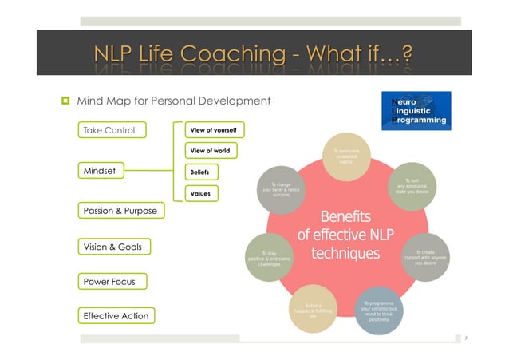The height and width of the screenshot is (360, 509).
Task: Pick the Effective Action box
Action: coord(116,315)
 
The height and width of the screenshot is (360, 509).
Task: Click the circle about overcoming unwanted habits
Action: coord(345,154)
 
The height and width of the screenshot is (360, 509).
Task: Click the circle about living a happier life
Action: coord(312,309)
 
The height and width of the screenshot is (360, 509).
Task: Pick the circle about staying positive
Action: coord(270,258)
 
